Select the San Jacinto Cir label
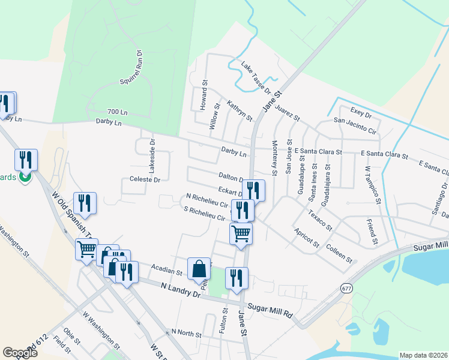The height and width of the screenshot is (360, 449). [x=355, y=125]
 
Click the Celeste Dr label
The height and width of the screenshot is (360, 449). [x=145, y=179]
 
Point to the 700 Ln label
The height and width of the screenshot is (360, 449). [x=117, y=112]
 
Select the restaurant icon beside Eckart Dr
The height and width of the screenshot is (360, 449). [x=253, y=190]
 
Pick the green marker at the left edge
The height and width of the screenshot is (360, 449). [x=25, y=177]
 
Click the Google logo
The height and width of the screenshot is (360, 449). [x=20, y=353]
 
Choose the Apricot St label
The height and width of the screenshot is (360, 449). [x=306, y=238]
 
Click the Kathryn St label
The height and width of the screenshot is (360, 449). [x=240, y=111]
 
